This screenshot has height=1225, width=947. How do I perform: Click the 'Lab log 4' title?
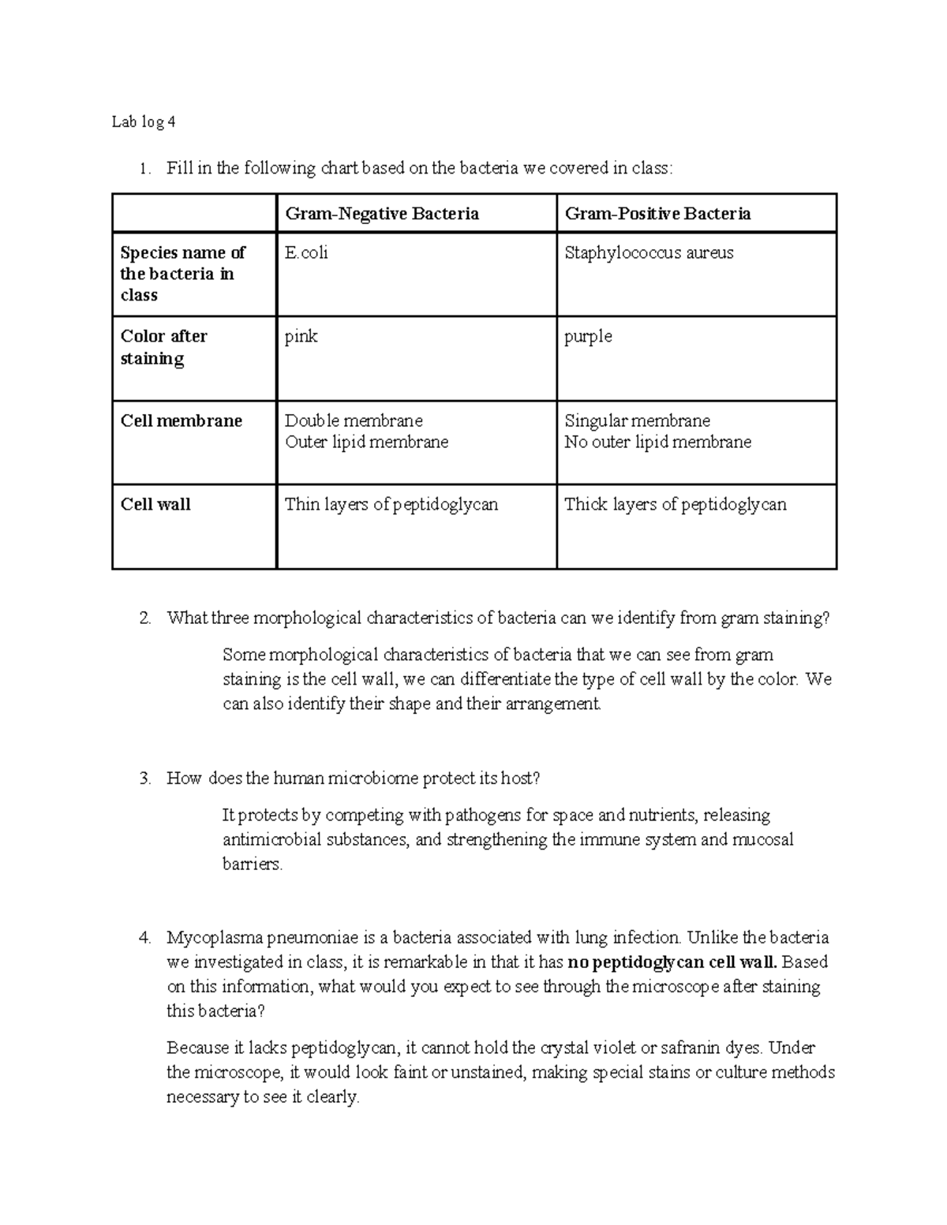(x=144, y=122)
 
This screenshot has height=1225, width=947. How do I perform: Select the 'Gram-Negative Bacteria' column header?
(x=382, y=214)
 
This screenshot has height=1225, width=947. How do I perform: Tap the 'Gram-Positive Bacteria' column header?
(x=657, y=214)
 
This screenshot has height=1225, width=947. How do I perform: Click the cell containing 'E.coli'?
(x=306, y=253)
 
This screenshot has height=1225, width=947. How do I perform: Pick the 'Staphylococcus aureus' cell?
(x=649, y=253)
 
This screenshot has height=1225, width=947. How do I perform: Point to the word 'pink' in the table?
(x=301, y=337)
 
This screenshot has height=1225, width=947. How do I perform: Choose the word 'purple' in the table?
(x=588, y=337)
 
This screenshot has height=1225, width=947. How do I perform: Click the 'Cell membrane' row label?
(x=181, y=421)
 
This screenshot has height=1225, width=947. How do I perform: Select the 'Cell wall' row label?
(x=155, y=505)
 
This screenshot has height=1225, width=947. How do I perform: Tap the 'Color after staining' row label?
(x=163, y=347)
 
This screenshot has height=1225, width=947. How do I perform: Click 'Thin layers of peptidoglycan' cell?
(x=391, y=505)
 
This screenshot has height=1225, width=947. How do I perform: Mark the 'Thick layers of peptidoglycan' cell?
(x=675, y=505)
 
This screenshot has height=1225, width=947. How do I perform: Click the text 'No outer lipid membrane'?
(x=657, y=443)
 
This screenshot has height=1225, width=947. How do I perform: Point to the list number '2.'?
(x=144, y=618)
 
